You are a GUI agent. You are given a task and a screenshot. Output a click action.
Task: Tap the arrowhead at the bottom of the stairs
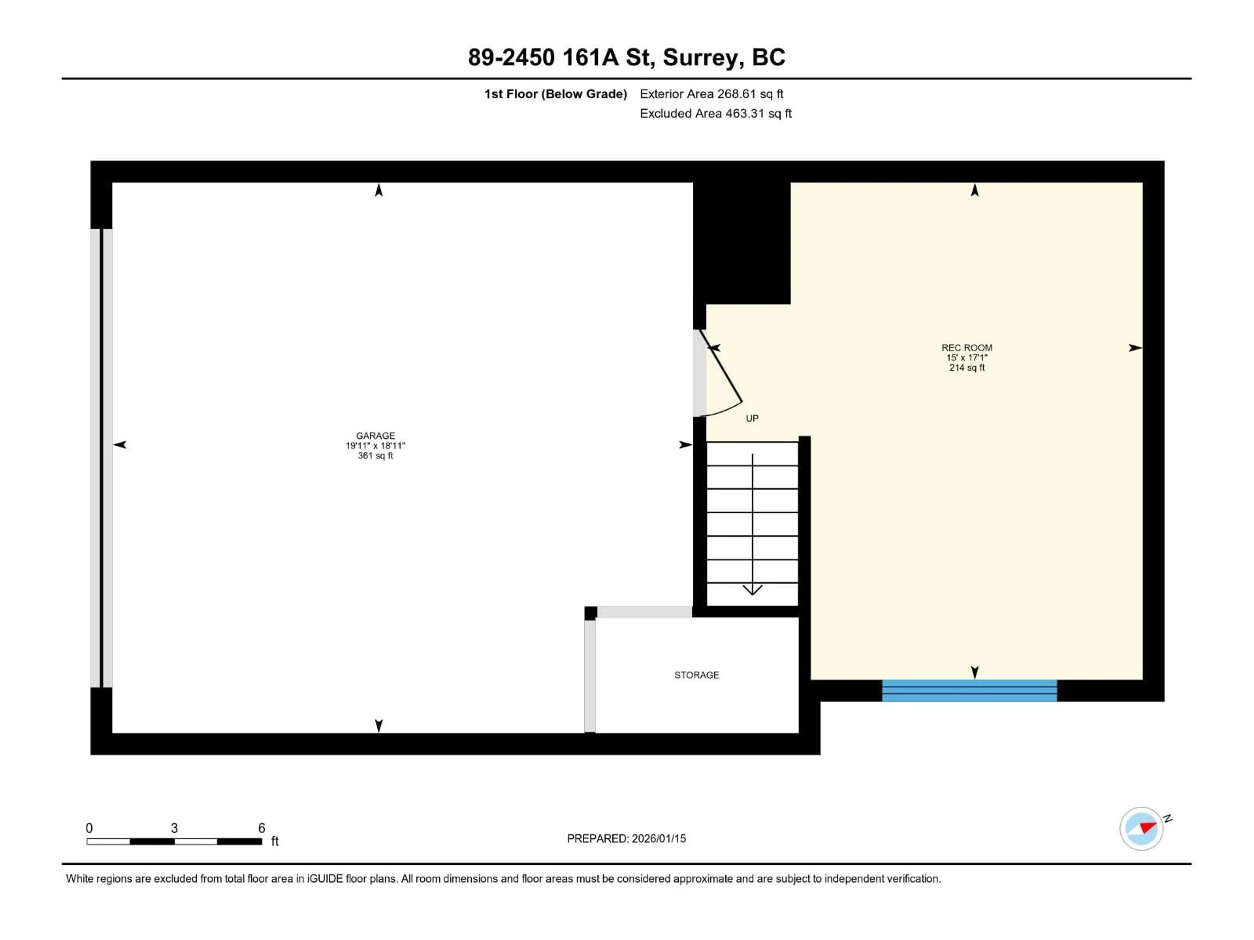[x=752, y=590]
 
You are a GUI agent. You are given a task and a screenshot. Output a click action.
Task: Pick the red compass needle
[x=1148, y=828]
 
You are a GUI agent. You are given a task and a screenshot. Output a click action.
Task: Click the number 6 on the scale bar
[x=261, y=828]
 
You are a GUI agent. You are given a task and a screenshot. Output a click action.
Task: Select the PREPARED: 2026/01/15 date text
[x=626, y=838]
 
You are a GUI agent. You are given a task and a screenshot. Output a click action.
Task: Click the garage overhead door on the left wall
[x=102, y=458]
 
